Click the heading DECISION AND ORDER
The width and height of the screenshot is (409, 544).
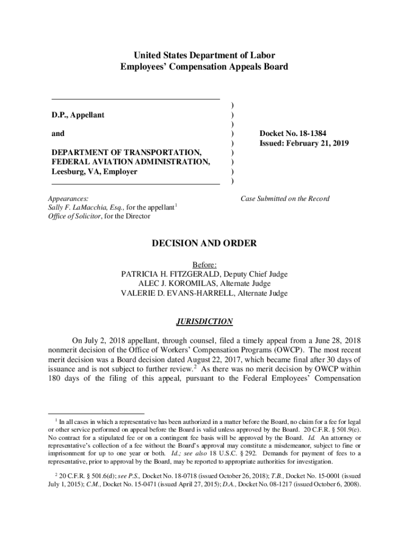click(x=204, y=244)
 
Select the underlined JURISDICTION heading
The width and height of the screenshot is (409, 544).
click(x=204, y=321)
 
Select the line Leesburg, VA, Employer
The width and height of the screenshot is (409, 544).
click(x=94, y=172)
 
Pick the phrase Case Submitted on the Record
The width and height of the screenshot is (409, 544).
click(x=285, y=199)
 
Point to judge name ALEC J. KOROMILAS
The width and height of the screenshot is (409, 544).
click(x=176, y=284)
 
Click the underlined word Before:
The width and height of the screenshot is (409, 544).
click(x=204, y=265)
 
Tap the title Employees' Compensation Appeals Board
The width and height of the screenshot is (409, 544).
click(x=204, y=67)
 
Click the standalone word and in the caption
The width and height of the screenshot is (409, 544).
click(x=58, y=134)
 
